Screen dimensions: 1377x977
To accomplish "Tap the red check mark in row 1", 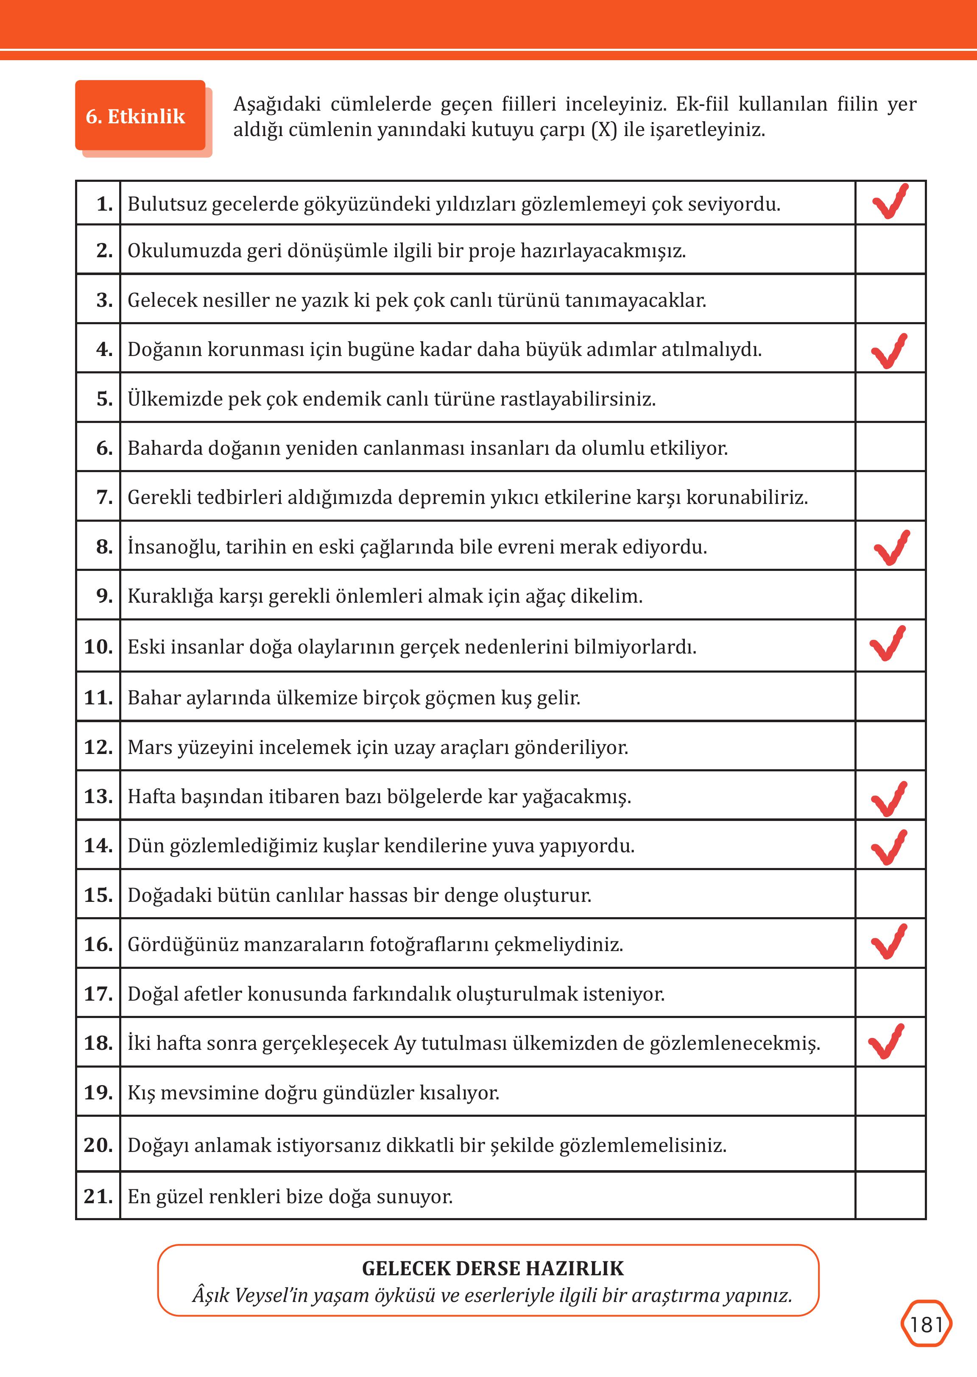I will click(890, 203).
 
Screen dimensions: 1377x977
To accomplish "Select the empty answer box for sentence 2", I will click(890, 250).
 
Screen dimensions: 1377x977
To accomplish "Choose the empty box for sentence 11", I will click(890, 697).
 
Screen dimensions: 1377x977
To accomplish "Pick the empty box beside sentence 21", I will click(890, 1196).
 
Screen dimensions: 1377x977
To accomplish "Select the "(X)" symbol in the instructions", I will click(604, 130).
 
